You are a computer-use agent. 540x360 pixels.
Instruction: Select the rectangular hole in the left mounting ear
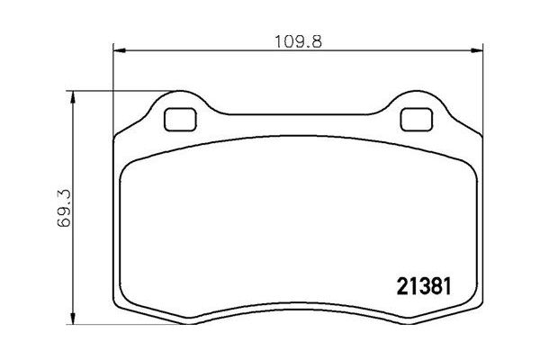coord(181,117)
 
